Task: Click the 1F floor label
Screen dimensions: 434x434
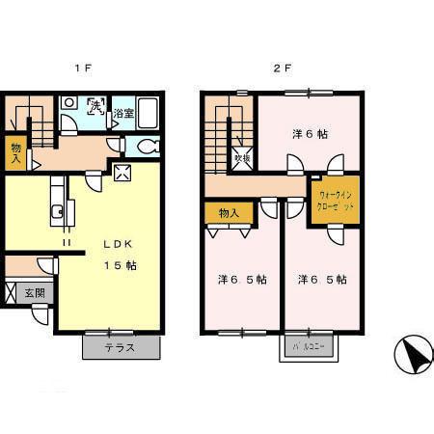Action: tap(84, 68)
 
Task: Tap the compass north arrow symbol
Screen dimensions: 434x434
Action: tap(413, 356)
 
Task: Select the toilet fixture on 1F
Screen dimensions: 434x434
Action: tap(145, 147)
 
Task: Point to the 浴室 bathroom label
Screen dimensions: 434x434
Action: tap(122, 115)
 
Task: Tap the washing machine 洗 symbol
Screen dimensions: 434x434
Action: tap(96, 106)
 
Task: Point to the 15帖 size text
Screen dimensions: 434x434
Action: tap(120, 264)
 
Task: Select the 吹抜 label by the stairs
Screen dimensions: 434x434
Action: tap(241, 157)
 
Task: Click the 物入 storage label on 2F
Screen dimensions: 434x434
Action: tap(229, 211)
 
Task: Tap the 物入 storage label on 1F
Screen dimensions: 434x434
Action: tap(16, 151)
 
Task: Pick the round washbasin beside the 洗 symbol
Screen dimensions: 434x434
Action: tap(69, 121)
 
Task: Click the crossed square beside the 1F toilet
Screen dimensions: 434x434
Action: tap(122, 173)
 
